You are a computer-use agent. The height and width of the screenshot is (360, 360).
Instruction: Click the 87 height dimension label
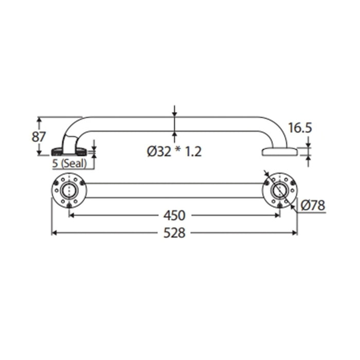(x=39, y=137)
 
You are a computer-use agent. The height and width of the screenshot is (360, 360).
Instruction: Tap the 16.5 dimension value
(x=300, y=128)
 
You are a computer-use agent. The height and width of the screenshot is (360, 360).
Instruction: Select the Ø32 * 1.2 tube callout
(x=174, y=152)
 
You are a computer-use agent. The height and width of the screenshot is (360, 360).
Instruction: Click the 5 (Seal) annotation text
(x=69, y=164)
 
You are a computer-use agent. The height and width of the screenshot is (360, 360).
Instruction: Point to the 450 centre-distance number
(x=174, y=215)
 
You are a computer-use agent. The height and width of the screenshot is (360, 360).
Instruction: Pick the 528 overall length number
(x=174, y=233)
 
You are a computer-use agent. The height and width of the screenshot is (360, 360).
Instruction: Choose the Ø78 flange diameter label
(x=313, y=205)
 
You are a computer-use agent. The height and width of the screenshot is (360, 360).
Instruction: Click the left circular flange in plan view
(x=69, y=191)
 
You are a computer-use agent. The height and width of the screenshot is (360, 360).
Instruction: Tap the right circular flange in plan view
(x=280, y=191)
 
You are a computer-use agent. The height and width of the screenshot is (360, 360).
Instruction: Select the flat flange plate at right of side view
(x=280, y=152)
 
